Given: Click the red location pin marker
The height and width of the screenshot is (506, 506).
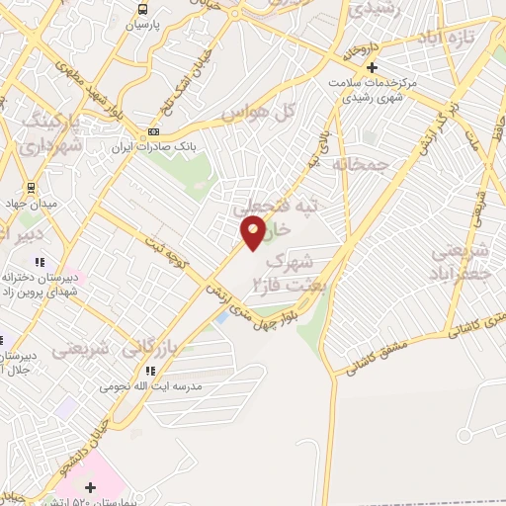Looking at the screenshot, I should [254, 233].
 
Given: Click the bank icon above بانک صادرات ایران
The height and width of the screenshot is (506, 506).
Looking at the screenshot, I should [153, 131].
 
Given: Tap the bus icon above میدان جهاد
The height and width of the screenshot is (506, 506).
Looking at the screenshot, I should [31, 187].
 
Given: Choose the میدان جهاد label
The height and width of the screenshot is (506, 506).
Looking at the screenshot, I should [31, 204].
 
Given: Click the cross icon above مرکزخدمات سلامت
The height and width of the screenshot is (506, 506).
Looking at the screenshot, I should [373, 67].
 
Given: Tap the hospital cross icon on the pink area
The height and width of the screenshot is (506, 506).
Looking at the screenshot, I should [91, 486].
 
